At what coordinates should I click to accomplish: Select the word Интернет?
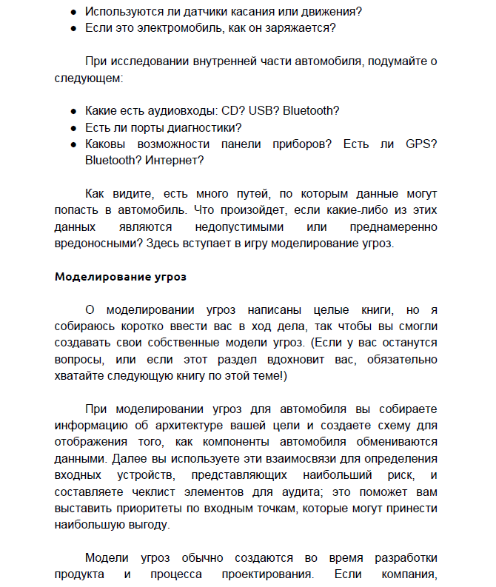click(x=175, y=159)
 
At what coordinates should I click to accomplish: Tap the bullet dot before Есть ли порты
click(x=73, y=127)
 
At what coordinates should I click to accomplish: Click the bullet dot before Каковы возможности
click(x=73, y=144)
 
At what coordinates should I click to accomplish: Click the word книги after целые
click(x=326, y=310)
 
